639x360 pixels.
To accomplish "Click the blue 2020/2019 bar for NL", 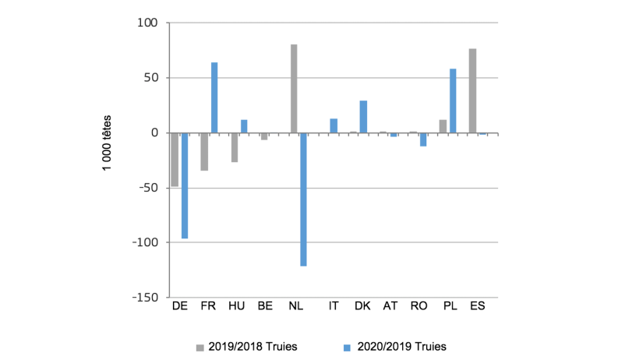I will click(304, 199).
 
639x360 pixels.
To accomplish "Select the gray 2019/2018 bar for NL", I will click(294, 89).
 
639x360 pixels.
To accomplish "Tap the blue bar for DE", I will click(185, 185).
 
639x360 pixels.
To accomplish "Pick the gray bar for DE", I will click(175, 160).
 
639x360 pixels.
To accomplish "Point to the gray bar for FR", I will click(204, 152).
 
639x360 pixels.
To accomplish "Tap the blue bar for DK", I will click(363, 117).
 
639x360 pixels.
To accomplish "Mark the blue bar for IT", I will click(334, 125).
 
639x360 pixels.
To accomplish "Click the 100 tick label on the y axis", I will click(148, 23).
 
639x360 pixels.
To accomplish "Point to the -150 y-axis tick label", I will click(145, 298).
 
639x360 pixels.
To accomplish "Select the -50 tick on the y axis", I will click(148, 188).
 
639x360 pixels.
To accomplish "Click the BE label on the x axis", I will click(265, 307).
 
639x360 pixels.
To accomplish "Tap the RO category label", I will click(418, 307).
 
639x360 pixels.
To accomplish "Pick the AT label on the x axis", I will click(390, 307).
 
